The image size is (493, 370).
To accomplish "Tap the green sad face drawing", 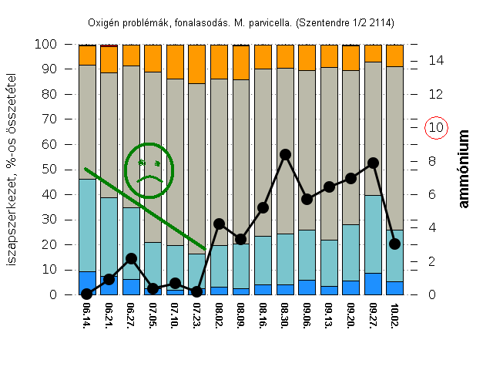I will tap(149, 170).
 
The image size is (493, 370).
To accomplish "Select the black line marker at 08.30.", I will tap(285, 154).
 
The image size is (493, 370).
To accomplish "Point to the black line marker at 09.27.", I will tap(373, 163).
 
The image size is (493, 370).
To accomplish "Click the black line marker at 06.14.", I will tap(87, 294).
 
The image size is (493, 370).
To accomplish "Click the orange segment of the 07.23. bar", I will tap(197, 64).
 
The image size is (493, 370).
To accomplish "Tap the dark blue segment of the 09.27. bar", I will tap(373, 284).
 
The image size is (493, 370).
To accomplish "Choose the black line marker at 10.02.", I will tap(394, 244).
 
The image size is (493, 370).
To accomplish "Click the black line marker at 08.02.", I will tap(219, 224).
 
